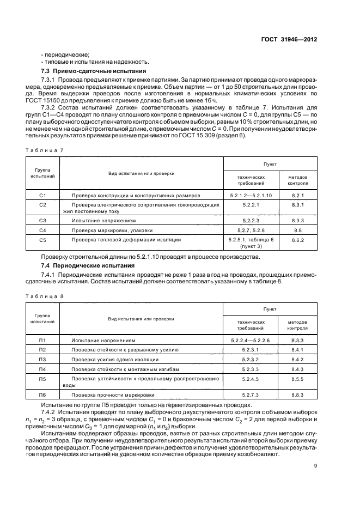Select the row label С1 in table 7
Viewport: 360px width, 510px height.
tap(43, 195)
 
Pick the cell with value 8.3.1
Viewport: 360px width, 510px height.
tap(297, 204)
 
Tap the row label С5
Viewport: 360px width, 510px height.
tap(43, 240)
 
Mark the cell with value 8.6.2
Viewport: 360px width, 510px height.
tap(297, 240)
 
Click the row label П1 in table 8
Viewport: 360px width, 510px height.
tap(43, 340)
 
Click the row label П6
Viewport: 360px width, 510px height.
tap(43, 394)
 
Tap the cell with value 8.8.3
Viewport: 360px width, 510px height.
tap(297, 394)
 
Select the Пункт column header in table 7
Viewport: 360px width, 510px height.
tap(270, 163)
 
